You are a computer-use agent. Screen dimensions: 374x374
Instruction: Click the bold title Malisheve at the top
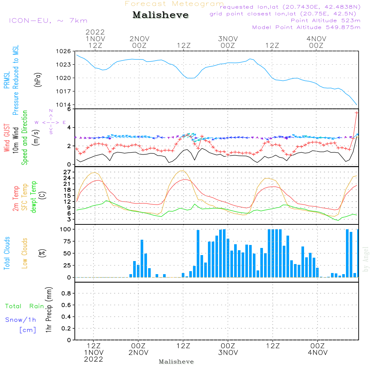tap(160, 15)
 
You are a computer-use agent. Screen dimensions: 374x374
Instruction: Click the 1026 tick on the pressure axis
tap(64, 51)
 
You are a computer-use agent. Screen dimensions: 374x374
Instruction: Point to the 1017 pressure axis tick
tap(64, 91)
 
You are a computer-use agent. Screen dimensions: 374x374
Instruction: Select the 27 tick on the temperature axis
tap(67, 172)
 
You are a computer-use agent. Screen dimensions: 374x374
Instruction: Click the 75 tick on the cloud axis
tap(67, 241)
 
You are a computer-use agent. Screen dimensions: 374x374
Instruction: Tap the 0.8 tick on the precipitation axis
tap(66, 293)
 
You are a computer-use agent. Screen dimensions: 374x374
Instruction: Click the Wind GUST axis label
tap(7, 138)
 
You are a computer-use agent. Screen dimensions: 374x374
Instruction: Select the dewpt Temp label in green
tap(33, 197)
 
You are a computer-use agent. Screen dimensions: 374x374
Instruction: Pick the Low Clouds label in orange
tap(24, 253)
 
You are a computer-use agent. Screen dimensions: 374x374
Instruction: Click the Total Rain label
tap(25, 306)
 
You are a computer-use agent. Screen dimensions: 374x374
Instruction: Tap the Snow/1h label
tap(21, 320)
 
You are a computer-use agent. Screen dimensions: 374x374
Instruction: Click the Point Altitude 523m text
tap(326, 21)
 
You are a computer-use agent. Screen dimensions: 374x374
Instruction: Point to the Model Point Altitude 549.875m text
tap(306, 27)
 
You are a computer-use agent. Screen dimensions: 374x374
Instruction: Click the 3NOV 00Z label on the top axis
tap(228, 42)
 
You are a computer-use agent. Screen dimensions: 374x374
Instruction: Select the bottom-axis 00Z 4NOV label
tap(318, 349)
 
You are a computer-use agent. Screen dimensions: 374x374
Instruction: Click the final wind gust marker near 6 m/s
tap(356, 113)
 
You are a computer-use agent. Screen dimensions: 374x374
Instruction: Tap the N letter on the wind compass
tap(51, 111)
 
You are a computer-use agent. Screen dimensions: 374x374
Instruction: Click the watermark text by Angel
tap(366, 259)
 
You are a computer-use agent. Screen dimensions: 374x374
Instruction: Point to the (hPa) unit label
tap(38, 80)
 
